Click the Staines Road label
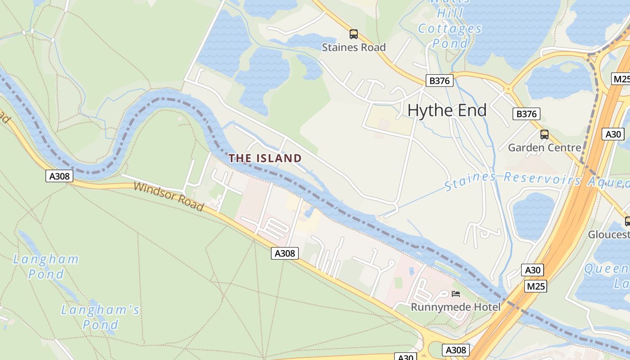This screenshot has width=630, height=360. pyautogui.click(x=354, y=47)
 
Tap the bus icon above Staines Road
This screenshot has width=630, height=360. pyautogui.click(x=354, y=34)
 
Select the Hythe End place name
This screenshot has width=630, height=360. pyautogui.click(x=447, y=110)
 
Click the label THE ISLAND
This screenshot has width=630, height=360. pyautogui.click(x=265, y=158)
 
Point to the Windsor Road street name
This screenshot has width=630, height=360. pyautogui.click(x=169, y=196)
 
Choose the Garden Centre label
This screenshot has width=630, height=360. pyautogui.click(x=544, y=148)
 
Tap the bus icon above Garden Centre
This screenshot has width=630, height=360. pyautogui.click(x=544, y=134)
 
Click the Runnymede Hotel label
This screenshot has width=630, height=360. pyautogui.click(x=455, y=307)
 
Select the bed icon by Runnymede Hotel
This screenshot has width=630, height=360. pyautogui.click(x=456, y=294)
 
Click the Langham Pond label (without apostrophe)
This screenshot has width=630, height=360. pyautogui.click(x=46, y=266)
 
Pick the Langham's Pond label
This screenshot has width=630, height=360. pyautogui.click(x=100, y=317)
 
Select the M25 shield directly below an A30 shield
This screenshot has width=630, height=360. pyautogui.click(x=535, y=286)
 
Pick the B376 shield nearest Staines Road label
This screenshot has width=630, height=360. pyautogui.click(x=439, y=81)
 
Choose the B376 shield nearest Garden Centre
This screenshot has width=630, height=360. pyautogui.click(x=526, y=114)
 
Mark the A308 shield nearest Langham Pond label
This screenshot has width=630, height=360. pyautogui.click(x=59, y=176)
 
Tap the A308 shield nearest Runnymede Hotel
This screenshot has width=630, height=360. pyautogui.click(x=456, y=350)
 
